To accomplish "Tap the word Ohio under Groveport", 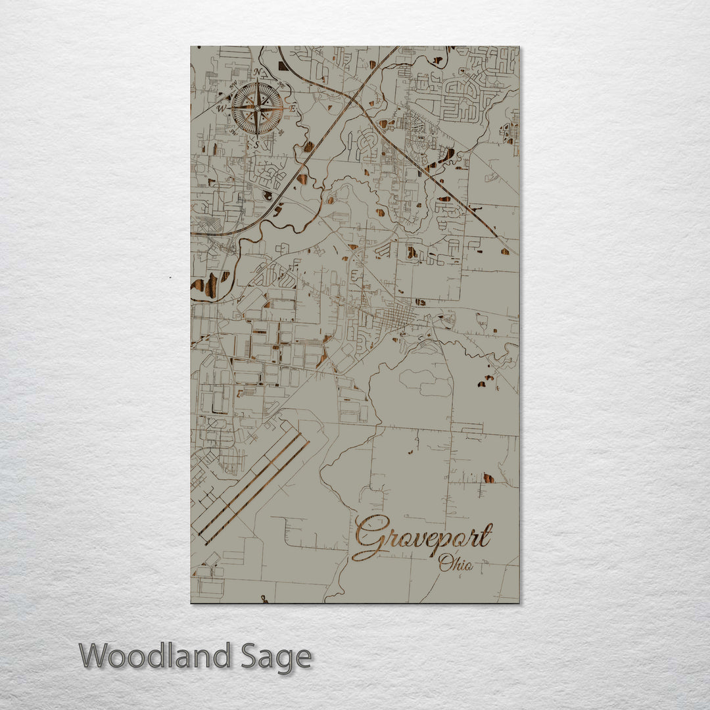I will (x=456, y=563).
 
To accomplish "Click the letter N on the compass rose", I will (x=257, y=72).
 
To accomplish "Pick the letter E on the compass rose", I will (x=294, y=107).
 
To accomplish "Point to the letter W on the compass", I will (x=222, y=108).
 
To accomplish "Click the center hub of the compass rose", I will (x=258, y=108).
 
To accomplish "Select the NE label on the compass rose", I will (x=281, y=84).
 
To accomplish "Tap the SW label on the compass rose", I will (x=235, y=132).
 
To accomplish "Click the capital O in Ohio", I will (x=446, y=562).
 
